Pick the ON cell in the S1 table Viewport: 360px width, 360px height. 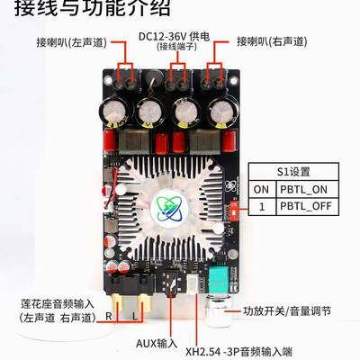pyautogui.click(x=261, y=188)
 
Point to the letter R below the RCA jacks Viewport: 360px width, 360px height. pyautogui.click(x=109, y=316)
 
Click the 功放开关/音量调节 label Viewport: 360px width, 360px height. pyautogui.click(x=287, y=311)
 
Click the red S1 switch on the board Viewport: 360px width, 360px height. pyautogui.click(x=233, y=207)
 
